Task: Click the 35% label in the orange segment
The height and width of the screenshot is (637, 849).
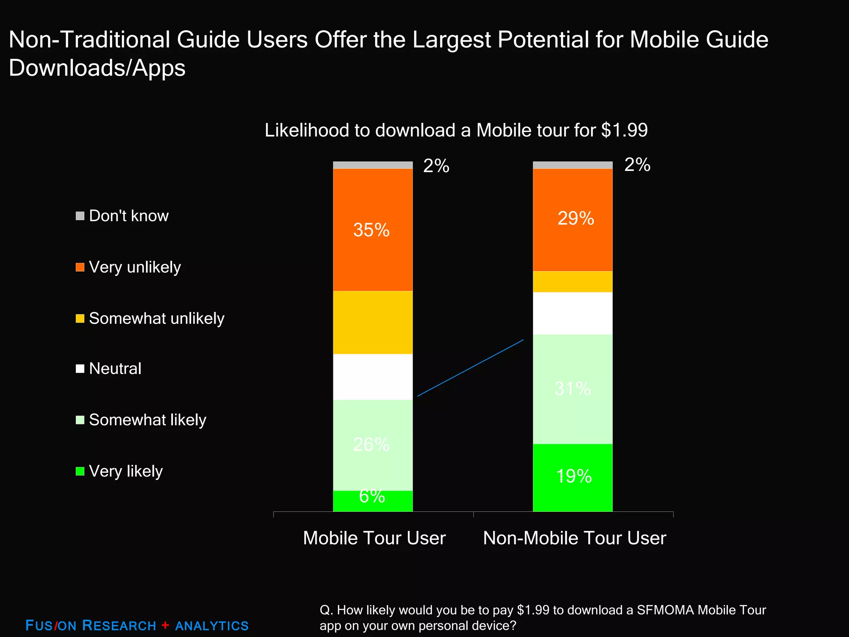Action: coord(371,230)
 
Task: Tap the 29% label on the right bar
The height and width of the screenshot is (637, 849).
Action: coord(575,219)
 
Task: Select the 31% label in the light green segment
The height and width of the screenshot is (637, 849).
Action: coord(572,389)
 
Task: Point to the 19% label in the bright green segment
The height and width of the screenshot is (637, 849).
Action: coord(574,476)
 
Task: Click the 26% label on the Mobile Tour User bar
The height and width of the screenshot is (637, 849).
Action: coord(371,445)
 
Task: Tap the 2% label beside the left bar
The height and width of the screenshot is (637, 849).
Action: coord(436,166)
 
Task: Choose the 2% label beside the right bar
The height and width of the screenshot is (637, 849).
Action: coord(637,165)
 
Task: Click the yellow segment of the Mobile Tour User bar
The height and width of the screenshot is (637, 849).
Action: coord(373,323)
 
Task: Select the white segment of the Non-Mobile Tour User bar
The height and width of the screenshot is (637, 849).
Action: coord(572,314)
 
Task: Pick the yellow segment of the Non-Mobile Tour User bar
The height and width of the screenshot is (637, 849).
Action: coord(572,282)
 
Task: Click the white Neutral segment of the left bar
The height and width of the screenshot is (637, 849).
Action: coord(373,377)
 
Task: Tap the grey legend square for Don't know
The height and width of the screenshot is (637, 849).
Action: coord(80,216)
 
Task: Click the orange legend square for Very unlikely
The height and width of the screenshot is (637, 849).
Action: coord(80,267)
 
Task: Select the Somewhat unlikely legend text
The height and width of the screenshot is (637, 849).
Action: coord(156,318)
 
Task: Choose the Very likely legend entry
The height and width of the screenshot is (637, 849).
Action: coord(126,471)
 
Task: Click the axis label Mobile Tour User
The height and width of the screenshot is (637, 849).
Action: coord(374,538)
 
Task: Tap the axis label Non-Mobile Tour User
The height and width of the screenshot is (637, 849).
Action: coord(574,538)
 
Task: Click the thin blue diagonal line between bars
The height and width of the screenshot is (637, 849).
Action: coord(471,368)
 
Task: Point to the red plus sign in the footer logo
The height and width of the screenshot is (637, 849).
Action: coord(165,625)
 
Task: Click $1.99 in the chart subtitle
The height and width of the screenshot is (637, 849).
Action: coord(624,130)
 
